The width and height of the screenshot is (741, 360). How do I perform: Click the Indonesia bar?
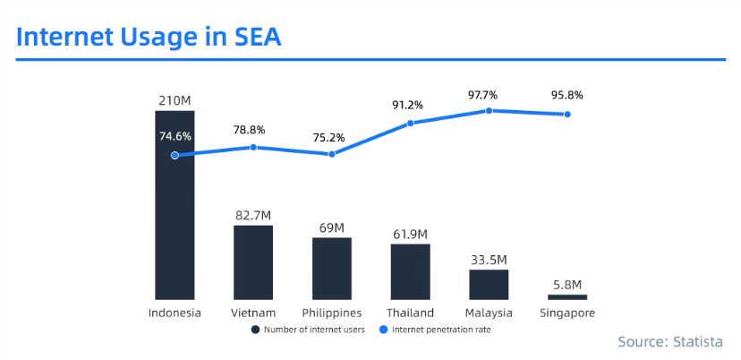[x=175, y=224]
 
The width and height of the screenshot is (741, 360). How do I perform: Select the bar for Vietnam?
[x=253, y=262]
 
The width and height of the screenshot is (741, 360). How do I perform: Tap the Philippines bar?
[x=332, y=269]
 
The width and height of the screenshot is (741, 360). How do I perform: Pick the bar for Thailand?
[x=411, y=271]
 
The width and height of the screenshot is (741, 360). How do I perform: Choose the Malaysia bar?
[x=489, y=284]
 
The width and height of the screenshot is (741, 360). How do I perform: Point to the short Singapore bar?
[x=567, y=296]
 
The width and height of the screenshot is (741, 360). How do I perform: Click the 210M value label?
[x=175, y=100]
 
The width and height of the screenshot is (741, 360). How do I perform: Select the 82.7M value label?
[x=253, y=215]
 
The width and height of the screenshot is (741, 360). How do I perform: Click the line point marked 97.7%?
[x=490, y=110]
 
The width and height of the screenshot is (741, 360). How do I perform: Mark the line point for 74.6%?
[x=175, y=155]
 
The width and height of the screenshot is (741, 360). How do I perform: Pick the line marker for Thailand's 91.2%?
[x=411, y=123]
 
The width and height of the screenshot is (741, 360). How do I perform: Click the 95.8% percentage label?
[x=567, y=95]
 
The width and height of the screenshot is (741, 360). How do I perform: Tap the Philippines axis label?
[x=332, y=313]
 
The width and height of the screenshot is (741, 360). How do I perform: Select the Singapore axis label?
[x=567, y=313]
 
